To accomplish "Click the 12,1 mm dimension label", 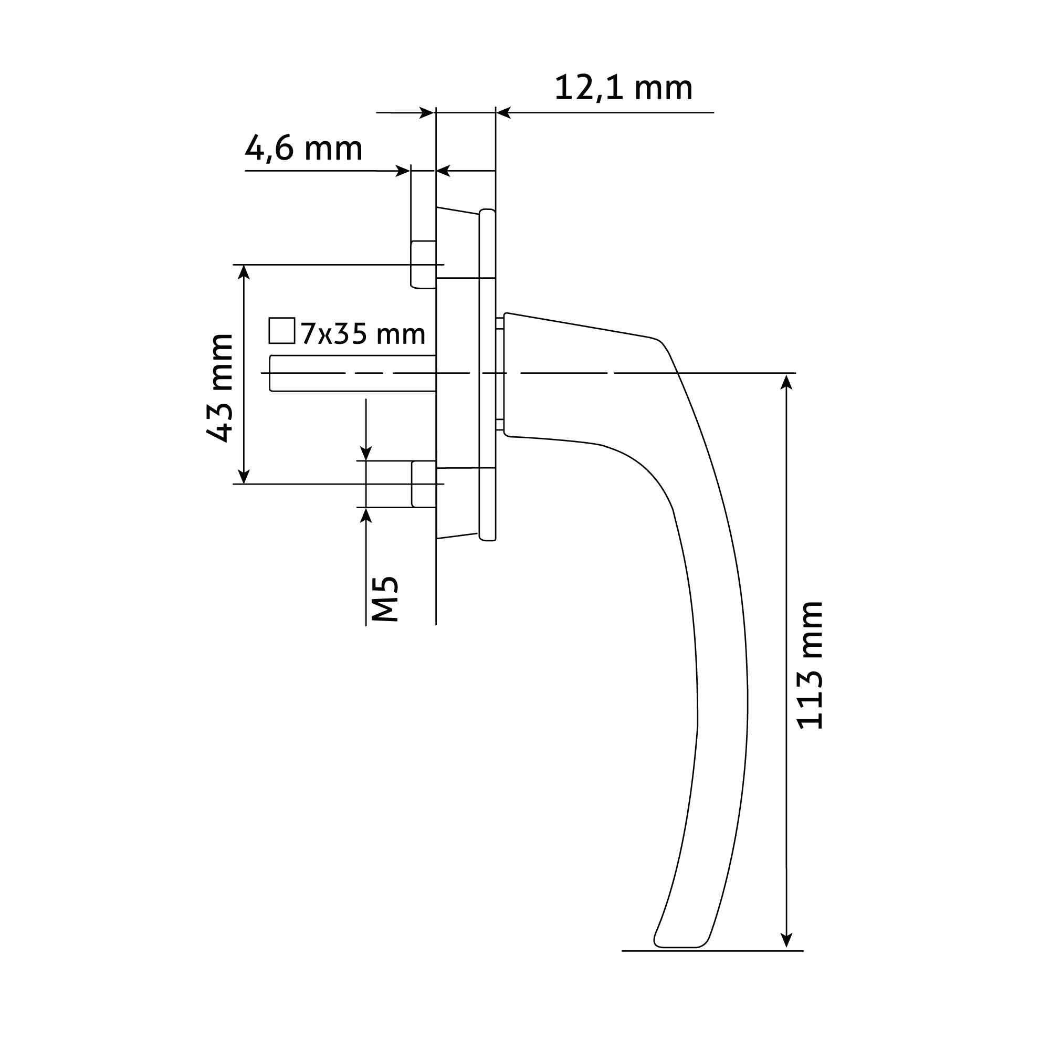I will (x=623, y=89).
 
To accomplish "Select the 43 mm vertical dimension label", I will (x=220, y=388).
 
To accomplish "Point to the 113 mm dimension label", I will (x=810, y=665).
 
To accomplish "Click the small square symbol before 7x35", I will (x=281, y=331).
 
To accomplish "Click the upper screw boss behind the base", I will (x=423, y=265).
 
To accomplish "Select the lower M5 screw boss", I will (x=424, y=484).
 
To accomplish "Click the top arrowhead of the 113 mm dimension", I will (x=786, y=381).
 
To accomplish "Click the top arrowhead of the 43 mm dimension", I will (x=244, y=272).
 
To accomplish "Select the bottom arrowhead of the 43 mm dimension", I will (x=244, y=477).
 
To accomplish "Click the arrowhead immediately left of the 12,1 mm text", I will (x=503, y=113).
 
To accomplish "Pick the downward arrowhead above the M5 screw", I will (x=366, y=453).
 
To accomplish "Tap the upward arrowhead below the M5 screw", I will (x=366, y=515).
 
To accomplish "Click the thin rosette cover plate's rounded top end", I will (x=488, y=212).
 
